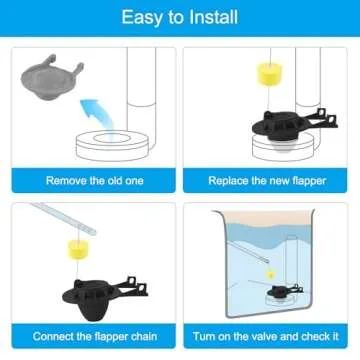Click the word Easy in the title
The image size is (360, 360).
coord(143,17)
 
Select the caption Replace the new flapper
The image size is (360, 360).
coord(268,182)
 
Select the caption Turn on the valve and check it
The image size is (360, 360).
coord(268,335)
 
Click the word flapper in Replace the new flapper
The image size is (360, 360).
coord(297,182)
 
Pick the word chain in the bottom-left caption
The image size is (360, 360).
coord(137,335)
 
